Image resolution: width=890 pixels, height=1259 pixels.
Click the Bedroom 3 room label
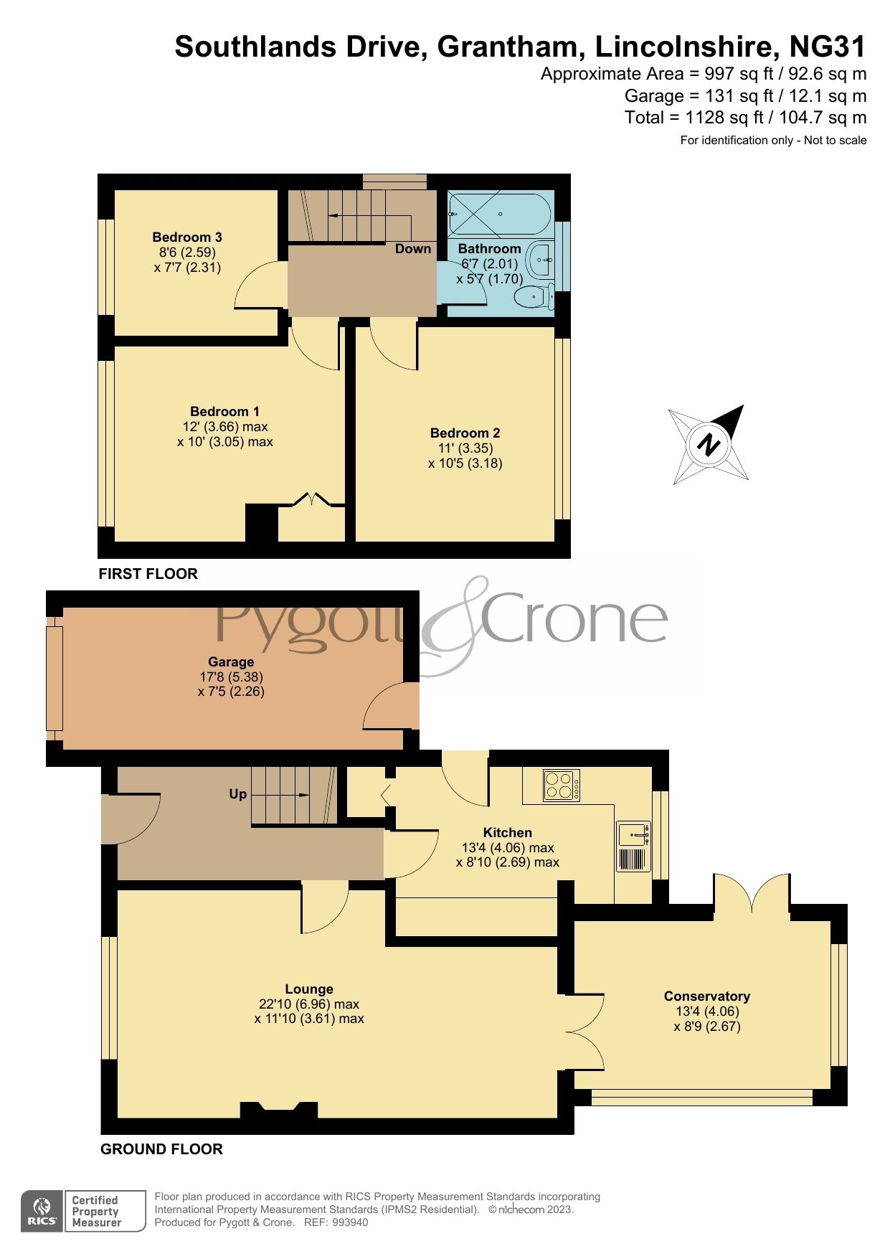(186, 237)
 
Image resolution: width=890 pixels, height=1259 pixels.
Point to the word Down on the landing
(413, 249)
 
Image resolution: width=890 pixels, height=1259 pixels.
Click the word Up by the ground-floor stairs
(238, 794)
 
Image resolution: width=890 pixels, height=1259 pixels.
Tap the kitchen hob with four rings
(562, 785)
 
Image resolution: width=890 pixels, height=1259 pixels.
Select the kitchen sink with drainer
(633, 847)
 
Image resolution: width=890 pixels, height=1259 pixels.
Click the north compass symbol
(709, 445)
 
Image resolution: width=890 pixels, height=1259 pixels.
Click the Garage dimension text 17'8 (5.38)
(231, 676)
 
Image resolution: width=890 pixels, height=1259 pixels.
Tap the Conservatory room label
(706, 996)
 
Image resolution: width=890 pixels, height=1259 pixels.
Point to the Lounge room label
(308, 989)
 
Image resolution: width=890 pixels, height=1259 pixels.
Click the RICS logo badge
(43, 1212)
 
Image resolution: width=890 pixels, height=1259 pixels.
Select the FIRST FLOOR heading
(148, 574)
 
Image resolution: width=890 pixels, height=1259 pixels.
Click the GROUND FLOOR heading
(161, 1149)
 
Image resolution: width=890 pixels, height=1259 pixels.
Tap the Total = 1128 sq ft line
(745, 118)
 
